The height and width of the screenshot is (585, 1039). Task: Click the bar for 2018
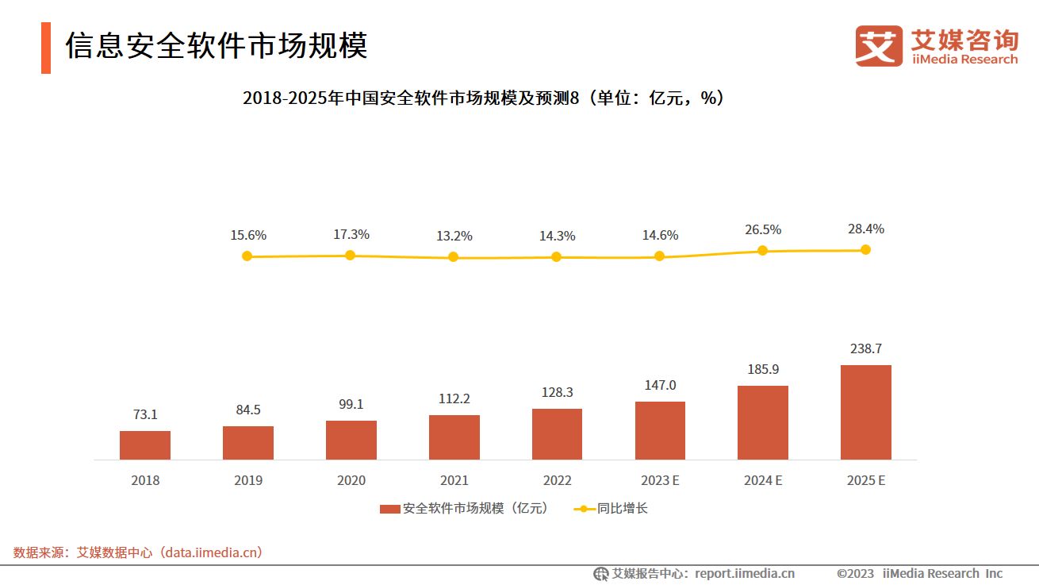(145, 445)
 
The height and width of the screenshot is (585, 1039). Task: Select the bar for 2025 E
(865, 412)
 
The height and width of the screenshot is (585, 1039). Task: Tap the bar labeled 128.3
(557, 434)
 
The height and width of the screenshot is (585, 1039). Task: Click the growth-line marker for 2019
(247, 256)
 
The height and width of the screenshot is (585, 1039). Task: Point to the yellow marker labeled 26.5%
(762, 250)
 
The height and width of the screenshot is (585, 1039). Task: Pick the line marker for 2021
(453, 257)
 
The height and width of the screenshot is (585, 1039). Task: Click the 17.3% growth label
(351, 235)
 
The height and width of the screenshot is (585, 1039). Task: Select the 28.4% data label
(865, 229)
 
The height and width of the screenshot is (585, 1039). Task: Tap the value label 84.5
(247, 410)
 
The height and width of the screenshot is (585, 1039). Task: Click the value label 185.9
(762, 369)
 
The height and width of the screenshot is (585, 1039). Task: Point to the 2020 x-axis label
(351, 480)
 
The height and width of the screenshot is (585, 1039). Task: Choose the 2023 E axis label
(660, 480)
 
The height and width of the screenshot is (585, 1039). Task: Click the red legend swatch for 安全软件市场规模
(389, 509)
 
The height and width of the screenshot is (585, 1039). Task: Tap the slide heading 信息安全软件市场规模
(216, 46)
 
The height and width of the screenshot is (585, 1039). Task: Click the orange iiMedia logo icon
(878, 46)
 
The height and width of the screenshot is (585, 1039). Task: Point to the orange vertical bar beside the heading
(46, 48)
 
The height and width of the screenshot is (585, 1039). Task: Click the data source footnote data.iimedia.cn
(138, 552)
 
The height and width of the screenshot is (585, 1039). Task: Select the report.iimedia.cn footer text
(694, 573)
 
